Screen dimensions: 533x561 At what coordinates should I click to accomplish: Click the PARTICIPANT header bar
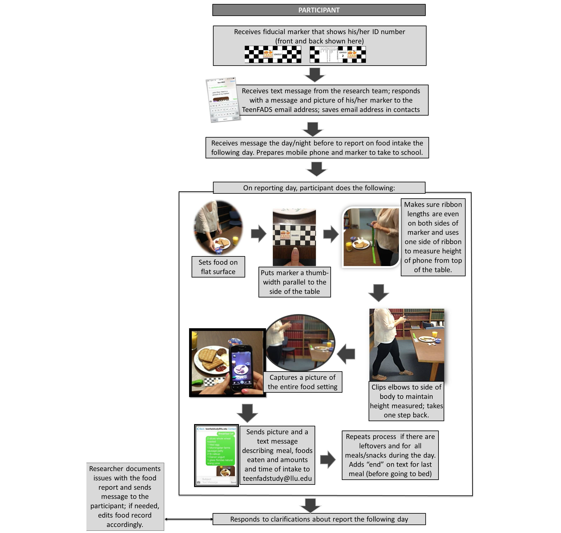coord(319,10)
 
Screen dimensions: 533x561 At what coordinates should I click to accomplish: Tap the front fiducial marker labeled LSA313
coord(273,54)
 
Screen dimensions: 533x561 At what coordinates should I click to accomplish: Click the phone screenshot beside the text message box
coord(223,100)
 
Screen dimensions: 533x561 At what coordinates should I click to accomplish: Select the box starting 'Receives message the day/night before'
coord(317,148)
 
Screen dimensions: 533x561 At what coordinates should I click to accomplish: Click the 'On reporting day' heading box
coord(319,188)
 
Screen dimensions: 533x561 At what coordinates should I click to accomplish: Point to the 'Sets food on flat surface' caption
coord(218,267)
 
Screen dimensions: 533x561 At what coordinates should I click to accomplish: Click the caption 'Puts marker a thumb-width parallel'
coord(294,282)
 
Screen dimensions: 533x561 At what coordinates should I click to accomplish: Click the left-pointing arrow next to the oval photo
coord(346,354)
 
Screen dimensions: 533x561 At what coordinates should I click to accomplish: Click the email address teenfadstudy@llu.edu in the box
coord(277,479)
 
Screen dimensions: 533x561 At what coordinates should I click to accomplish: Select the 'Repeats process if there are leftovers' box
coord(390,455)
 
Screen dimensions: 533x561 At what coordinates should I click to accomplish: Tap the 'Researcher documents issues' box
coord(125,496)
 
